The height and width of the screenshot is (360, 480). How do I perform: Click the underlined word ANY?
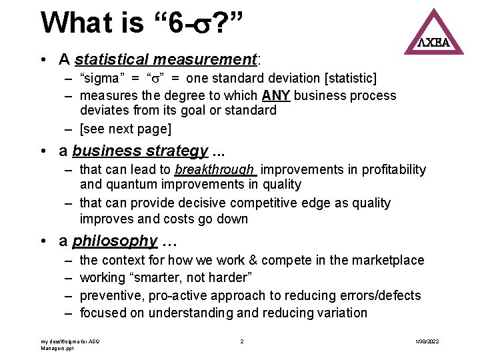click(276, 95)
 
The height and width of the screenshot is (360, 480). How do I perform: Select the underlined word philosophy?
click(115, 241)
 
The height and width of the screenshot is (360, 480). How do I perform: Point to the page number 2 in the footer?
click(241, 341)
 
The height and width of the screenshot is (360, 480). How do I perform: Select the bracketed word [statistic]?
click(347, 79)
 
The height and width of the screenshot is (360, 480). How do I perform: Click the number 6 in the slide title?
click(175, 23)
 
